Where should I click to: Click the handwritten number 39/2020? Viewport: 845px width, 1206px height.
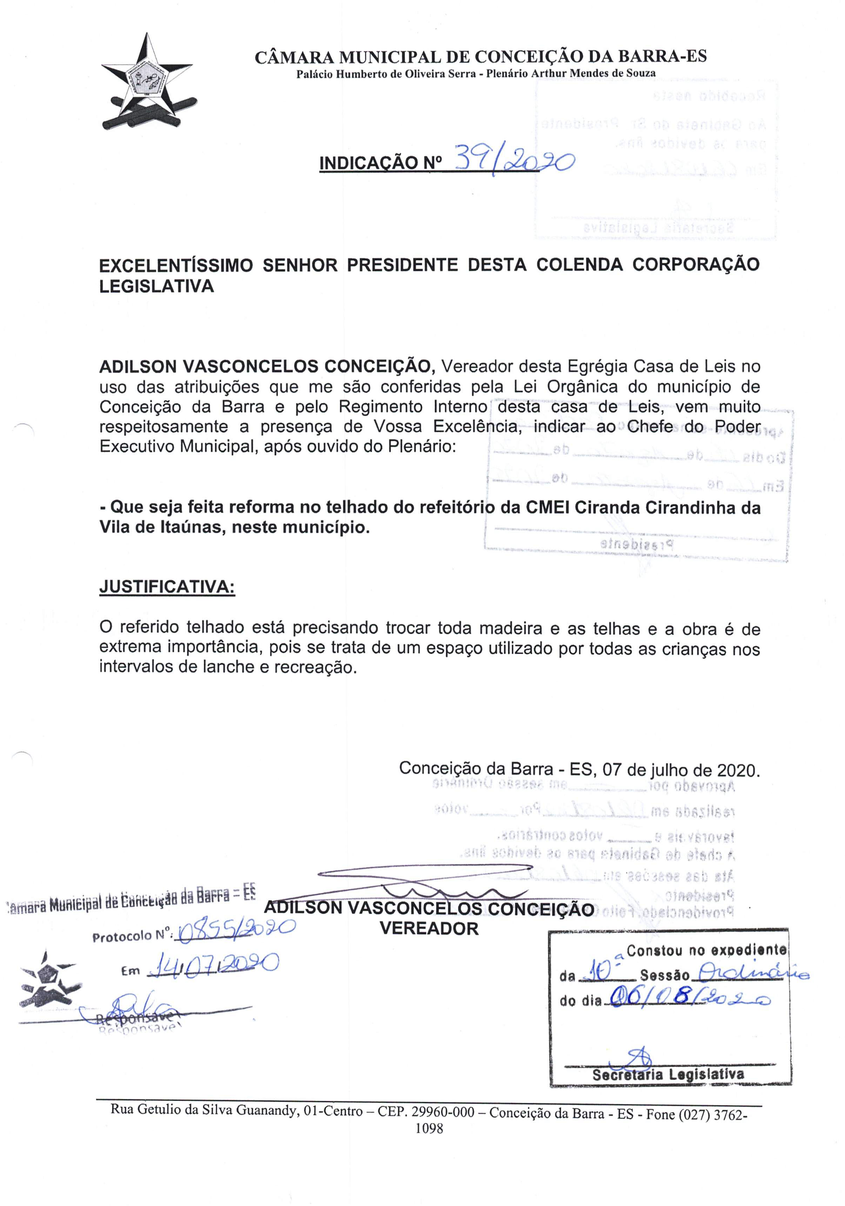pos(514,161)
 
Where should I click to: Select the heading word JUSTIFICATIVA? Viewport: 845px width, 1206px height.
pos(167,587)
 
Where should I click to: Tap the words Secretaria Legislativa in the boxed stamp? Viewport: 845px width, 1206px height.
pos(668,1074)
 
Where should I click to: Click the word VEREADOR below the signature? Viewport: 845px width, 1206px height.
pos(429,929)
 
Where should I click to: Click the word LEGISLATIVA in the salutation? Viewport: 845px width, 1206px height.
pos(156,286)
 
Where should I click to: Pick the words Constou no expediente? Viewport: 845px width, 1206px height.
pos(706,950)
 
